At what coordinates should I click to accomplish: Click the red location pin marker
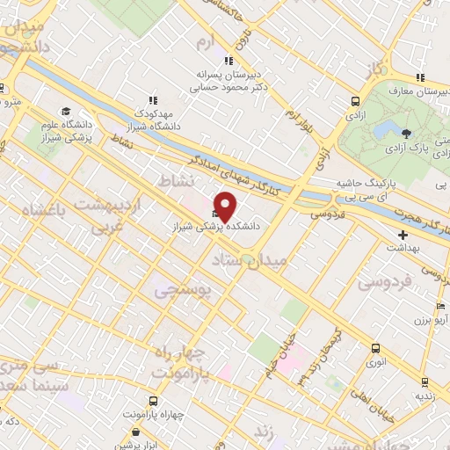226,205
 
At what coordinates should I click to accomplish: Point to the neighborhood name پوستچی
184,289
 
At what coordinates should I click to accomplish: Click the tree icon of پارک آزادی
406,134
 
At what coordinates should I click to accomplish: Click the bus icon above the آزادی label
355,101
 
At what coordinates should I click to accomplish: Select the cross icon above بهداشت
403,236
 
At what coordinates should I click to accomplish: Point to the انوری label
374,361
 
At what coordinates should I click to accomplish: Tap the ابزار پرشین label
135,446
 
